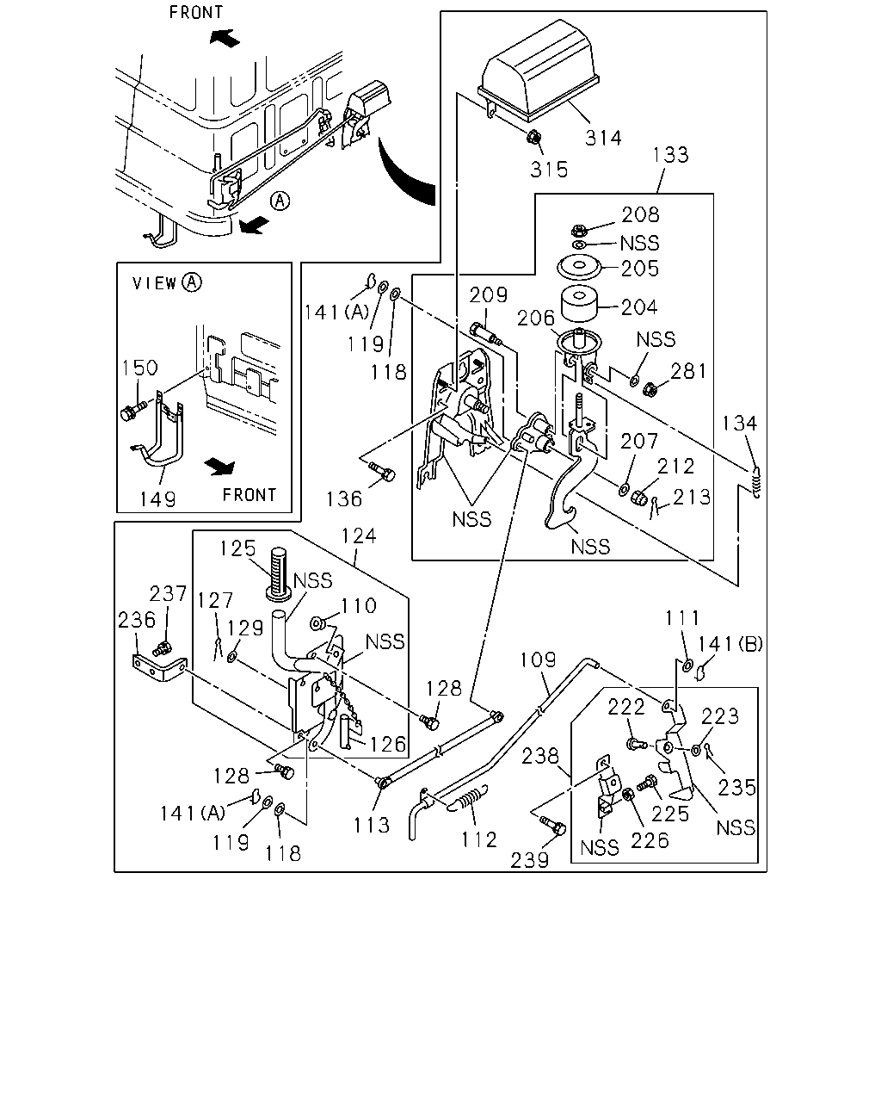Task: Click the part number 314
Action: (603, 138)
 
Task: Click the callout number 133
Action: (670, 154)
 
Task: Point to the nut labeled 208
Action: (578, 230)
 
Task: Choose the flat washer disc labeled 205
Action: (579, 267)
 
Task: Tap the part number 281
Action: (689, 371)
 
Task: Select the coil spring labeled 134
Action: (756, 482)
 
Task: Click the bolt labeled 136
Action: (382, 471)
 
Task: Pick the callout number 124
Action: (359, 536)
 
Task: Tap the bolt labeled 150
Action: (133, 410)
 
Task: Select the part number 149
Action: (157, 498)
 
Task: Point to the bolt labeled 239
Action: (553, 826)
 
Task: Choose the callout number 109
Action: (538, 659)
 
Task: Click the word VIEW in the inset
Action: (154, 283)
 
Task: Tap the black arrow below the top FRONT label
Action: (225, 38)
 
